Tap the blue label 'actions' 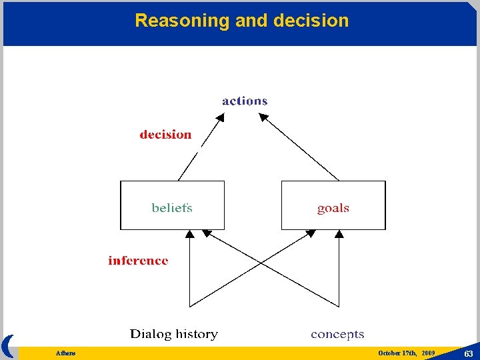(245, 101)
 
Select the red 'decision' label (165, 135)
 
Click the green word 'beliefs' (172, 208)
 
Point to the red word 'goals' (333, 209)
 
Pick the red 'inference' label (138, 261)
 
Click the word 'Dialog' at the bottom (151, 334)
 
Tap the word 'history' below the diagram (197, 334)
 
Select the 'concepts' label (337, 334)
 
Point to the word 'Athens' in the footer (66, 353)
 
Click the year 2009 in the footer (428, 353)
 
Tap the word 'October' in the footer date (389, 353)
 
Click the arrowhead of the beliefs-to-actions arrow (221, 117)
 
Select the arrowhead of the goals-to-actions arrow (263, 117)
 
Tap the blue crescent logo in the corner (8, 346)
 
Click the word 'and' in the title (251, 21)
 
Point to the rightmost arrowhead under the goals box (339, 234)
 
